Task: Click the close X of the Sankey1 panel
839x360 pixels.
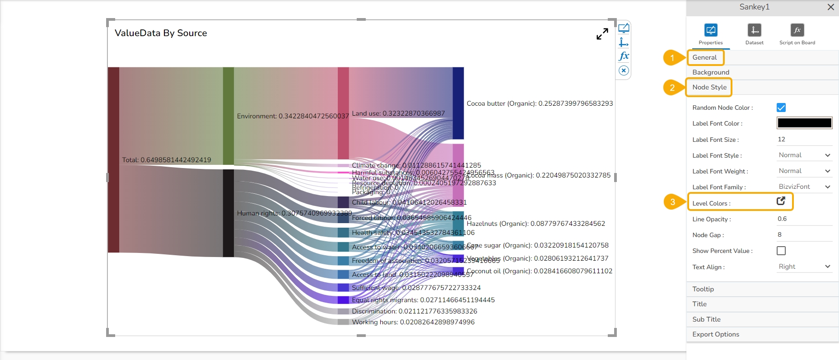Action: click(830, 7)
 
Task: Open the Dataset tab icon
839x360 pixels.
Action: click(754, 30)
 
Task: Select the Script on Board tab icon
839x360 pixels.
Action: click(797, 30)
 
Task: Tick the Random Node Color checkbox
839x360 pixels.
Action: click(781, 108)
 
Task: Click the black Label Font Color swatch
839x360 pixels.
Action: click(804, 123)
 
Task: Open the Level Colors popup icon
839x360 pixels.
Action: click(781, 201)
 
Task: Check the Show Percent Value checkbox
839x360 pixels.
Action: click(781, 251)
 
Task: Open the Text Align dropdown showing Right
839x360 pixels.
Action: click(804, 266)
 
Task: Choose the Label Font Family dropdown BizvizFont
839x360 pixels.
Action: click(804, 187)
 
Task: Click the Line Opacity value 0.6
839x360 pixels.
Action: click(782, 219)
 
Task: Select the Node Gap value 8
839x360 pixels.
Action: click(780, 234)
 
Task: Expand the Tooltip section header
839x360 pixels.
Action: click(703, 289)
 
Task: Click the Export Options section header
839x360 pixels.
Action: click(716, 334)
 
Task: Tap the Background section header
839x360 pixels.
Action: click(711, 72)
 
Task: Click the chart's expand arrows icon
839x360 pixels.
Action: click(602, 34)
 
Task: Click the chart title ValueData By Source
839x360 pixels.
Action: click(161, 33)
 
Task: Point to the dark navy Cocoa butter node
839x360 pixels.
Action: click(458, 103)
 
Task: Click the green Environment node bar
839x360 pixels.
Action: click(228, 116)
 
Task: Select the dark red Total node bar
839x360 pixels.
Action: click(113, 159)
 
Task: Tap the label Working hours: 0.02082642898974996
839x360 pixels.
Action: click(413, 322)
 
